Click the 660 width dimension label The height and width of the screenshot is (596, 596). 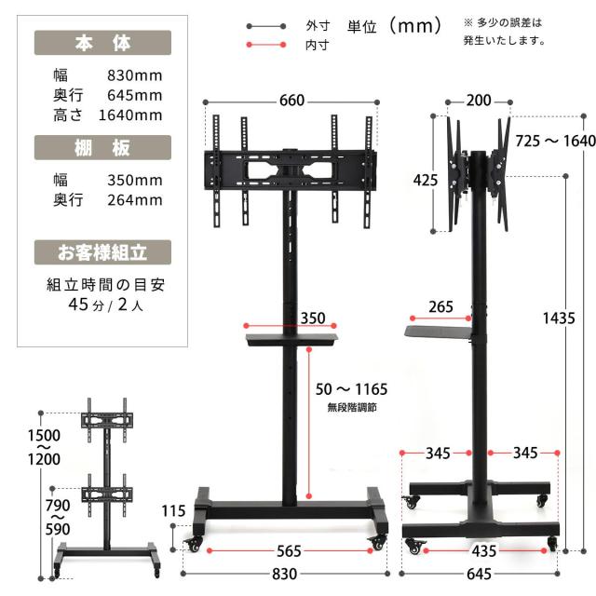click(291, 102)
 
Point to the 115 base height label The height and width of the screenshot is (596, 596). click(173, 511)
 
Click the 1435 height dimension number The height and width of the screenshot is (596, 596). click(560, 318)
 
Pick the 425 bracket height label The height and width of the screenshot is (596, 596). click(425, 179)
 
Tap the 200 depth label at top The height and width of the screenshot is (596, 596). click(480, 101)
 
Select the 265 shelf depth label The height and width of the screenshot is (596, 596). click(442, 306)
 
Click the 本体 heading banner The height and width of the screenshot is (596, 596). click(102, 43)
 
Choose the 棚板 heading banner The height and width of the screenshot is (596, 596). click(102, 148)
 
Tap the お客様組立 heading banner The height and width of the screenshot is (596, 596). click(102, 251)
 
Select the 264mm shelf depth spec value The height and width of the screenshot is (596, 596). click(135, 199)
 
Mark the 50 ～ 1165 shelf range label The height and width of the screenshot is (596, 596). click(351, 389)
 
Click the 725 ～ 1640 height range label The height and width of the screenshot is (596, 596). click(555, 141)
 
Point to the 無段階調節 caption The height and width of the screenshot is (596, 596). click(351, 408)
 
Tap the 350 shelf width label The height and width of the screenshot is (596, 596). click(313, 318)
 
